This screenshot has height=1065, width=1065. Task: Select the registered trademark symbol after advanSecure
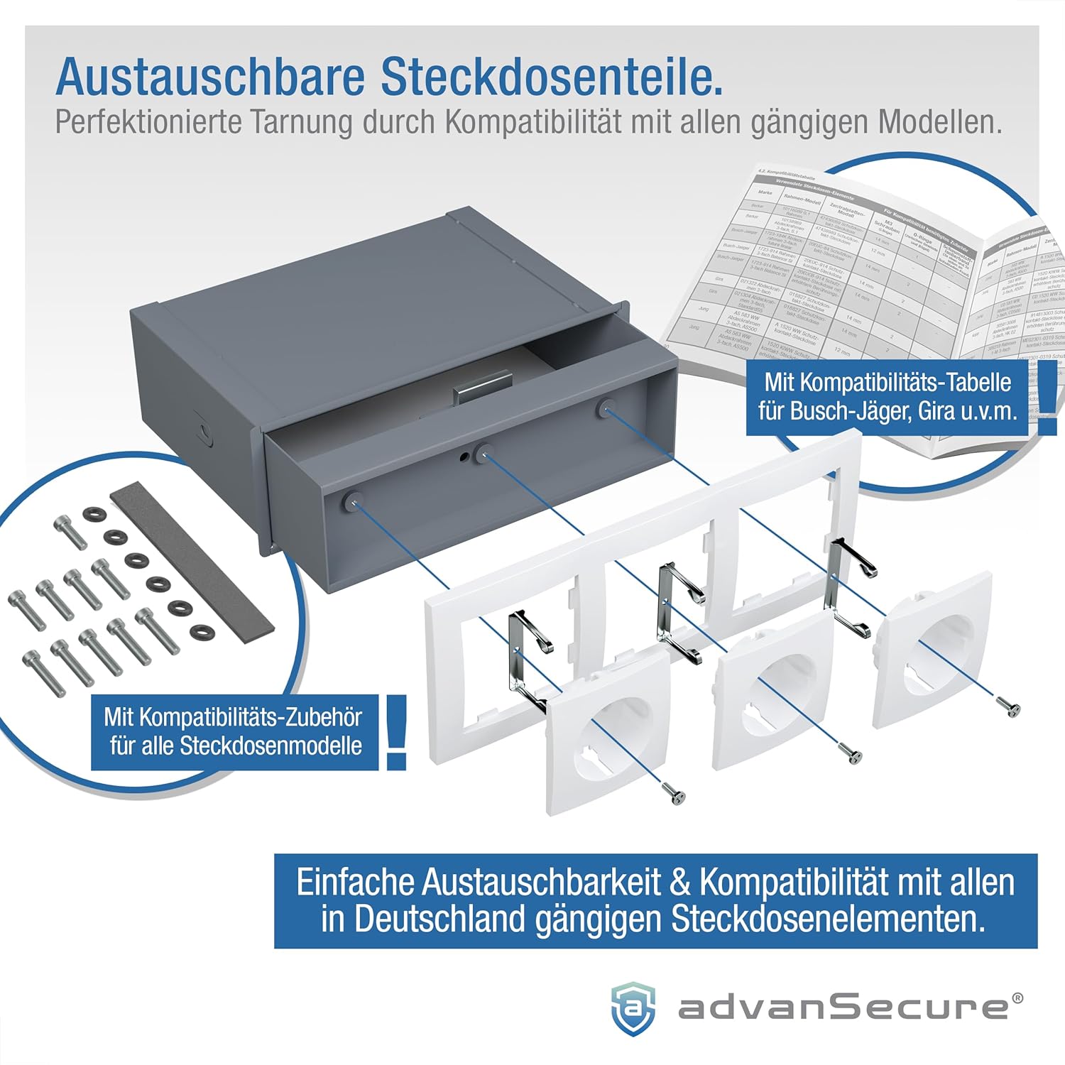point(1017,998)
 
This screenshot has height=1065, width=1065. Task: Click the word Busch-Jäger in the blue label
point(851,411)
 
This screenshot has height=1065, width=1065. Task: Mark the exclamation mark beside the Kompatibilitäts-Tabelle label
point(1047,398)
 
